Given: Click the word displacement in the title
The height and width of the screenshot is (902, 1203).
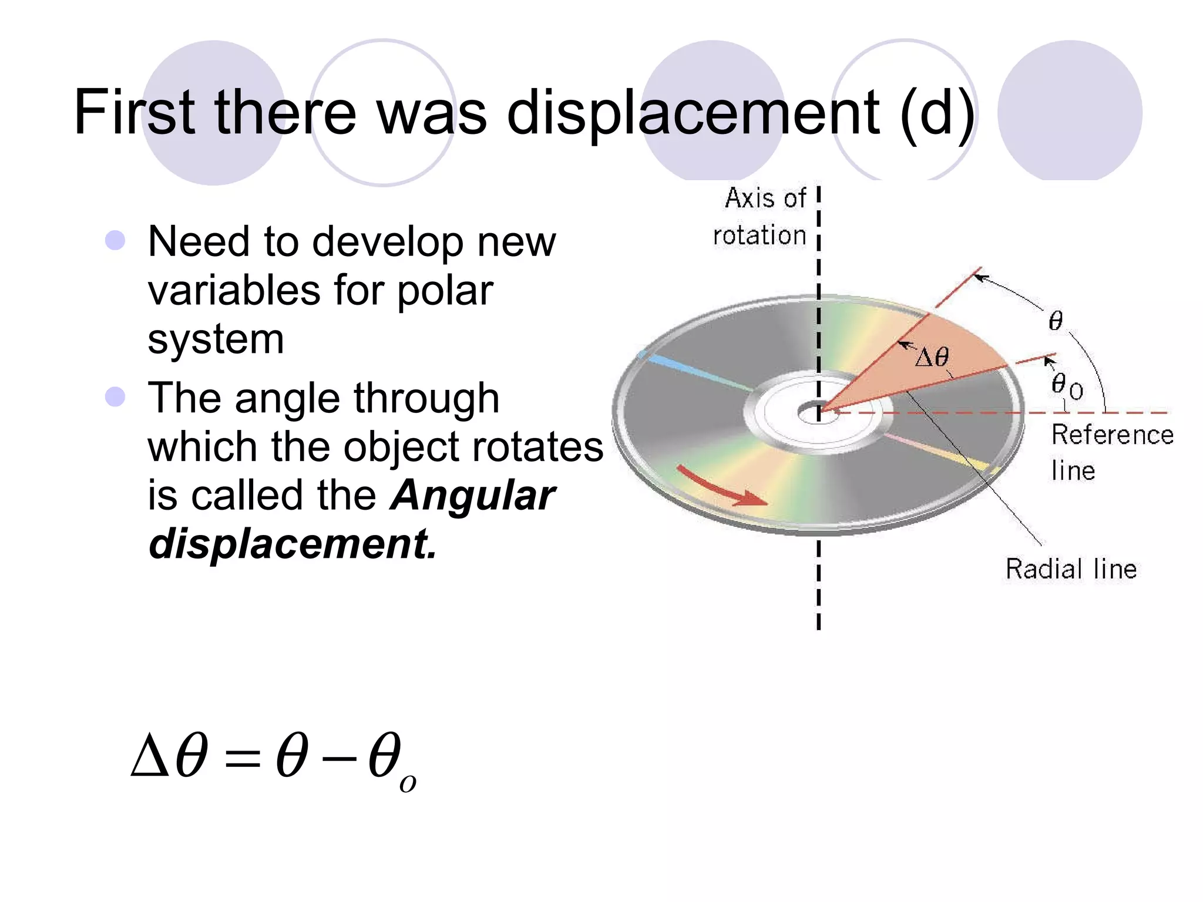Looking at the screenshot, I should [x=693, y=113].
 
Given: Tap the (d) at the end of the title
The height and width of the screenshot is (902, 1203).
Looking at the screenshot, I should [x=937, y=113].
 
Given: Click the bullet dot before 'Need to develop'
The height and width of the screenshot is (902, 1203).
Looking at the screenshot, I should [x=115, y=240].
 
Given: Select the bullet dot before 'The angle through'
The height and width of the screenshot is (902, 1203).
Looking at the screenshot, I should [x=115, y=396].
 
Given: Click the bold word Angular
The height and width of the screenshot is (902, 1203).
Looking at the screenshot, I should [x=472, y=495].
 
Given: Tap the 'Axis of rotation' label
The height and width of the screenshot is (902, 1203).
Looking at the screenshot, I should [x=760, y=216].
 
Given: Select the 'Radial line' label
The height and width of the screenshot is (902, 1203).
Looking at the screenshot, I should [x=1071, y=569].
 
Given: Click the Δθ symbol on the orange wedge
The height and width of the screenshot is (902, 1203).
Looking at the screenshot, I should [x=932, y=357].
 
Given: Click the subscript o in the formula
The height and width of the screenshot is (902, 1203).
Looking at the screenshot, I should [x=408, y=783].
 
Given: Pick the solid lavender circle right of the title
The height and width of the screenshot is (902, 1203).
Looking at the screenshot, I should [x=1069, y=112].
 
